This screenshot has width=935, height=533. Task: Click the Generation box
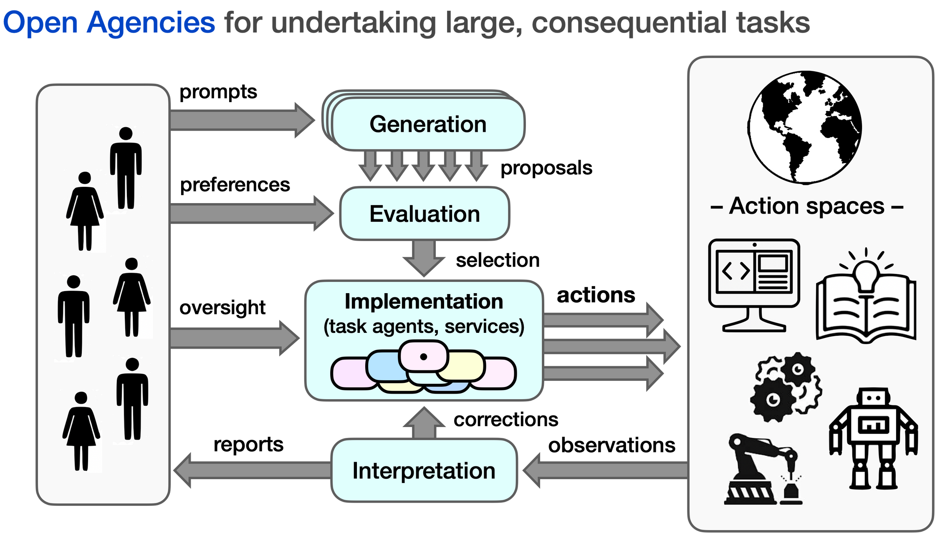pos(427,124)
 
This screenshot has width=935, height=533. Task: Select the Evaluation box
pos(425,214)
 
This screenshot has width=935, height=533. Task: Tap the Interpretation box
pos(424,470)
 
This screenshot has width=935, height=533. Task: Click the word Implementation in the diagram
pos(424,302)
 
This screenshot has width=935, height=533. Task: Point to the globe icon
pos(804,127)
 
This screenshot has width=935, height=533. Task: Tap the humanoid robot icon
pos(873,438)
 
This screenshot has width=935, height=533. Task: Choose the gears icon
pos(785,388)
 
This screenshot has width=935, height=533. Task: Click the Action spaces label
pos(806,206)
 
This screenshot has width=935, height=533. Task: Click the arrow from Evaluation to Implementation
pos(424,258)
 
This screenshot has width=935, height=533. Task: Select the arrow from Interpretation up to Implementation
pos(424,423)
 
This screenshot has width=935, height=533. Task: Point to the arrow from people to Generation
pos(242,120)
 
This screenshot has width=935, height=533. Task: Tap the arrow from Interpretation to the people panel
pos(250,470)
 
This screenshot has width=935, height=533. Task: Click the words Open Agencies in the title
pos(109,23)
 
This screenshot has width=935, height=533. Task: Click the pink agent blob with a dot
pos(423,356)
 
